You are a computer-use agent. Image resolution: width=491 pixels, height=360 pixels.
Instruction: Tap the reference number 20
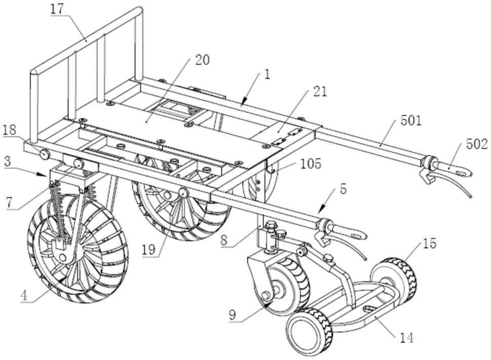click(x=202, y=60)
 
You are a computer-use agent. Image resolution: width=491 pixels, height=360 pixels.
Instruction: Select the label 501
click(x=411, y=121)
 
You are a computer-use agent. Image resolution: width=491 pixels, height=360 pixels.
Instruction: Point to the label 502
click(x=477, y=144)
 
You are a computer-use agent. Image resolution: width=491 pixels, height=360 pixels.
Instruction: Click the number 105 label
click(x=311, y=164)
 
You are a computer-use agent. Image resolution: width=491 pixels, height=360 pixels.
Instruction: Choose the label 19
click(x=148, y=250)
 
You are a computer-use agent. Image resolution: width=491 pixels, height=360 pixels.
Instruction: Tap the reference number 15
click(x=430, y=244)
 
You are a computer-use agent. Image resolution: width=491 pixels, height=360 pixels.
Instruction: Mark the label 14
click(x=407, y=338)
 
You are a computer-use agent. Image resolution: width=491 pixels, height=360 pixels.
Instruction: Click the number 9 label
click(x=232, y=315)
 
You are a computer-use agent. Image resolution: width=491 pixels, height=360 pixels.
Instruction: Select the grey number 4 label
click(x=24, y=296)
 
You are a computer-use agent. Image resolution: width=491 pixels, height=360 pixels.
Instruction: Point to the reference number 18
click(x=10, y=130)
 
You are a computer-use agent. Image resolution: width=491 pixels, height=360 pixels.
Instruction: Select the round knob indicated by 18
click(x=45, y=154)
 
